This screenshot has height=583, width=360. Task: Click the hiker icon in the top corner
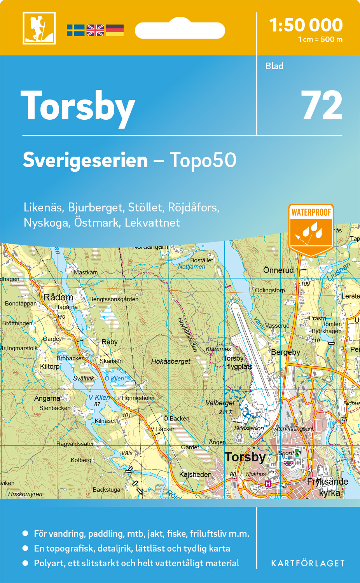click(x=39, y=28)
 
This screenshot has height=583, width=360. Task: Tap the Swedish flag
click(x=75, y=30)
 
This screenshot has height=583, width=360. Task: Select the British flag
click(x=95, y=30)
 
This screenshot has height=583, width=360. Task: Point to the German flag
click(x=115, y=30)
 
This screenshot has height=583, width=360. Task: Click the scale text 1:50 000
click(x=306, y=25)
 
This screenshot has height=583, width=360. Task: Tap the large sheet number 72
click(x=322, y=106)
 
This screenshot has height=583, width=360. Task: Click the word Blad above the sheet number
click(x=274, y=66)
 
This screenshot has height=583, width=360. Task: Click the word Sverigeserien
click(x=85, y=160)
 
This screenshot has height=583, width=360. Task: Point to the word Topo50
click(x=203, y=160)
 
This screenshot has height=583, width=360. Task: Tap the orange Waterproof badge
click(x=311, y=229)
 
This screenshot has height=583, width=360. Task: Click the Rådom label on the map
click(x=58, y=297)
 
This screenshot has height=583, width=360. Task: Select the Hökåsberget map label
click(x=171, y=361)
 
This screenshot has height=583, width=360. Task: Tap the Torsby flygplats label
click(x=238, y=362)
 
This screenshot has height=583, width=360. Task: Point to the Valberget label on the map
click(x=220, y=403)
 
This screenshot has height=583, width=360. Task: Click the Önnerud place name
click(x=278, y=270)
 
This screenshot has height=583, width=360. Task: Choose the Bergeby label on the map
click(x=286, y=352)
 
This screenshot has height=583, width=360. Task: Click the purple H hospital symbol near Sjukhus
click(x=267, y=483)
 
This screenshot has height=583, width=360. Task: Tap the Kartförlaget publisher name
click(x=308, y=564)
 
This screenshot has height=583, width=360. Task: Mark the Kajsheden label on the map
click(x=195, y=475)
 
